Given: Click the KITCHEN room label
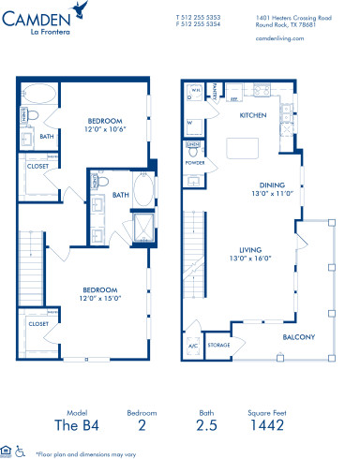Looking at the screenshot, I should [253, 115].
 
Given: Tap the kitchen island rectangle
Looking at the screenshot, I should [245, 149].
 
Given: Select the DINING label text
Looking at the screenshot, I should [272, 185].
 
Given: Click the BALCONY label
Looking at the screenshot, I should [299, 336].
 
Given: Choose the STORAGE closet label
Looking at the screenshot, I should [218, 344].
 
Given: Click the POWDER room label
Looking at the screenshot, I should [193, 161].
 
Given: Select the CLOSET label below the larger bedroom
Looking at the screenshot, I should [37, 323].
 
